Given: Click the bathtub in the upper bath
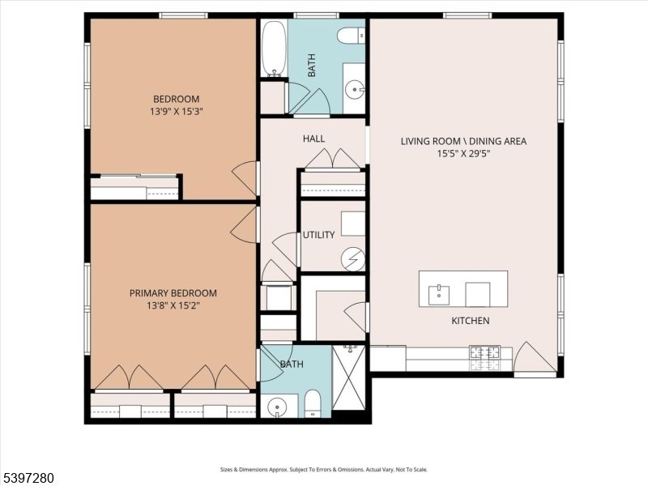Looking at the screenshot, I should (x=273, y=48).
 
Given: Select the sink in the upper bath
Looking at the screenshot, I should (x=355, y=89).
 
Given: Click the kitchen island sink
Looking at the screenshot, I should (x=438, y=292).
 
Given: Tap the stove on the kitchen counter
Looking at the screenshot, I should (x=484, y=353).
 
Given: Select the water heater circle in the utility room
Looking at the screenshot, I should (x=352, y=259).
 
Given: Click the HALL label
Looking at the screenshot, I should (x=313, y=139).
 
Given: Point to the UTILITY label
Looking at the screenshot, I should (x=318, y=235).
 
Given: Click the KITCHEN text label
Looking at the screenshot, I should (x=470, y=321).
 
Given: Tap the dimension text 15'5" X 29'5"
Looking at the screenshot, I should (x=463, y=154).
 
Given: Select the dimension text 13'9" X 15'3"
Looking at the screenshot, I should (x=174, y=112).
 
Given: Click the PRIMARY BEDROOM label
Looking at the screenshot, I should (x=173, y=293).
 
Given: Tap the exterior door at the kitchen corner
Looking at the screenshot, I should (x=533, y=358).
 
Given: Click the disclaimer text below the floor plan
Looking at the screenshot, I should (x=323, y=469).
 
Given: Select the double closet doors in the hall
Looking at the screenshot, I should (x=332, y=159).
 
